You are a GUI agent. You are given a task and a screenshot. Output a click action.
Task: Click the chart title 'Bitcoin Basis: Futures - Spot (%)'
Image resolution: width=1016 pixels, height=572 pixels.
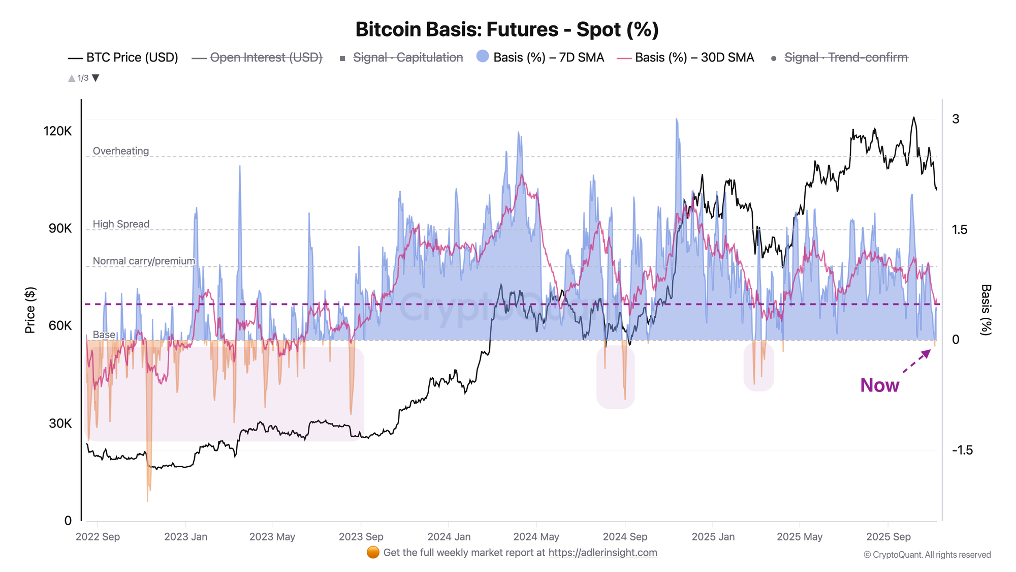(507, 29)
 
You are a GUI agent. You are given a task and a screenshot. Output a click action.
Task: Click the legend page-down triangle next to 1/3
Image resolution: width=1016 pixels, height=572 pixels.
(96, 78)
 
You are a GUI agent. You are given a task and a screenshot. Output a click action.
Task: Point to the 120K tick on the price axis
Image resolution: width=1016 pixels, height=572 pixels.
(58, 131)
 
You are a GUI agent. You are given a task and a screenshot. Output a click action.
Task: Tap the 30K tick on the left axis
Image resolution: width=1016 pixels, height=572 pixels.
(60, 424)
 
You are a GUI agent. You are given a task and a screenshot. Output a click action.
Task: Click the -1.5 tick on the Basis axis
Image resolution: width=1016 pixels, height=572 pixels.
(962, 450)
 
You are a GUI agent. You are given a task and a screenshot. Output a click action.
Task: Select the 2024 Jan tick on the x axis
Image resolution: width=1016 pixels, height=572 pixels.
(449, 537)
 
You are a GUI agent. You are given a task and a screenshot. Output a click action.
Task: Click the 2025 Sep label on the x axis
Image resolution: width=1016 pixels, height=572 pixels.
(888, 537)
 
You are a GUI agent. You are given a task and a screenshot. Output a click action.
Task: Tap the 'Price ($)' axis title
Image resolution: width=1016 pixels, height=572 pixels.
(30, 310)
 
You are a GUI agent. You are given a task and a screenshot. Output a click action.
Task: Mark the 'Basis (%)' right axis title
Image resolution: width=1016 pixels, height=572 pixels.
(986, 310)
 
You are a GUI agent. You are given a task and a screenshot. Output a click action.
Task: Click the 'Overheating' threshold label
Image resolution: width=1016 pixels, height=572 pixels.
(121, 151)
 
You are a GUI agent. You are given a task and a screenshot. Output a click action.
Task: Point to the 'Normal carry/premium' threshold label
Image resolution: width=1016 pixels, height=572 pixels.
(144, 261)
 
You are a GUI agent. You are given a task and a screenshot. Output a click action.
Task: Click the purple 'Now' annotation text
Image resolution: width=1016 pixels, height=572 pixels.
(879, 385)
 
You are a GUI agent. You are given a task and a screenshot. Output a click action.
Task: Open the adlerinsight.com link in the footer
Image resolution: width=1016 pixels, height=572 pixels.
(602, 553)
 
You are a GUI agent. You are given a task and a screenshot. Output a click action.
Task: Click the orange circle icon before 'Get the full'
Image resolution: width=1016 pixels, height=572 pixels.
(373, 553)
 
